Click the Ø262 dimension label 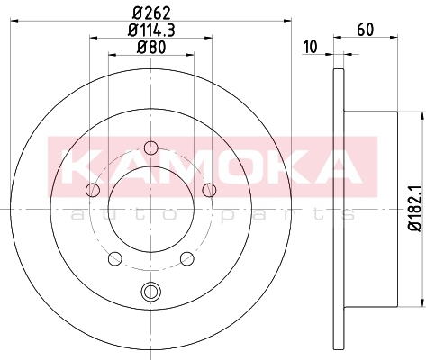pos(151,13)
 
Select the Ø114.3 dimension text pos(151,31)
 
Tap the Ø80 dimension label pos(151,48)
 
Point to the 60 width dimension pos(366,30)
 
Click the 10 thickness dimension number pos(310,47)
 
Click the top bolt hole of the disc pos(151,148)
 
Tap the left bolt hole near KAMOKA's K pos(93,190)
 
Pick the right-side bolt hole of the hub pos(209,190)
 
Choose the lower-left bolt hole pos(115,258)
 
